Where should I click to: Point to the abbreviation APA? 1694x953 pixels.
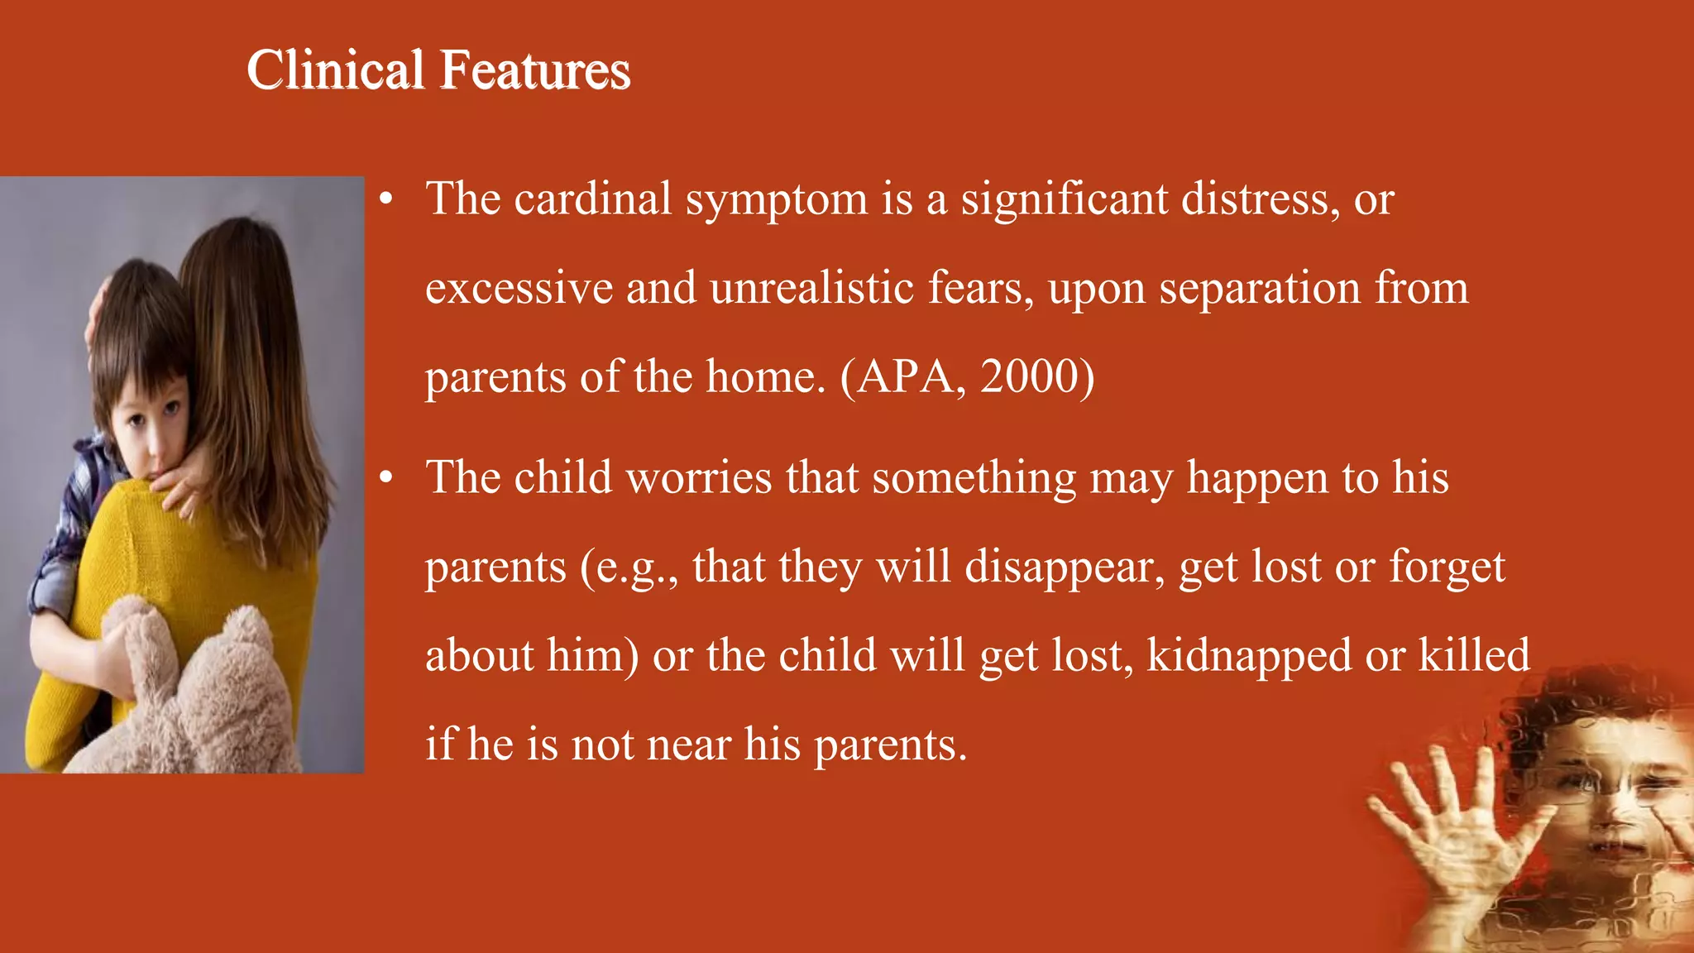[905, 376]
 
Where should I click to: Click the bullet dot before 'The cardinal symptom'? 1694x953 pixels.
[385, 199]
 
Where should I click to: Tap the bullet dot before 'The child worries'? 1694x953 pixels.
[385, 478]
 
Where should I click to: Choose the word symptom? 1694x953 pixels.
[776, 201]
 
